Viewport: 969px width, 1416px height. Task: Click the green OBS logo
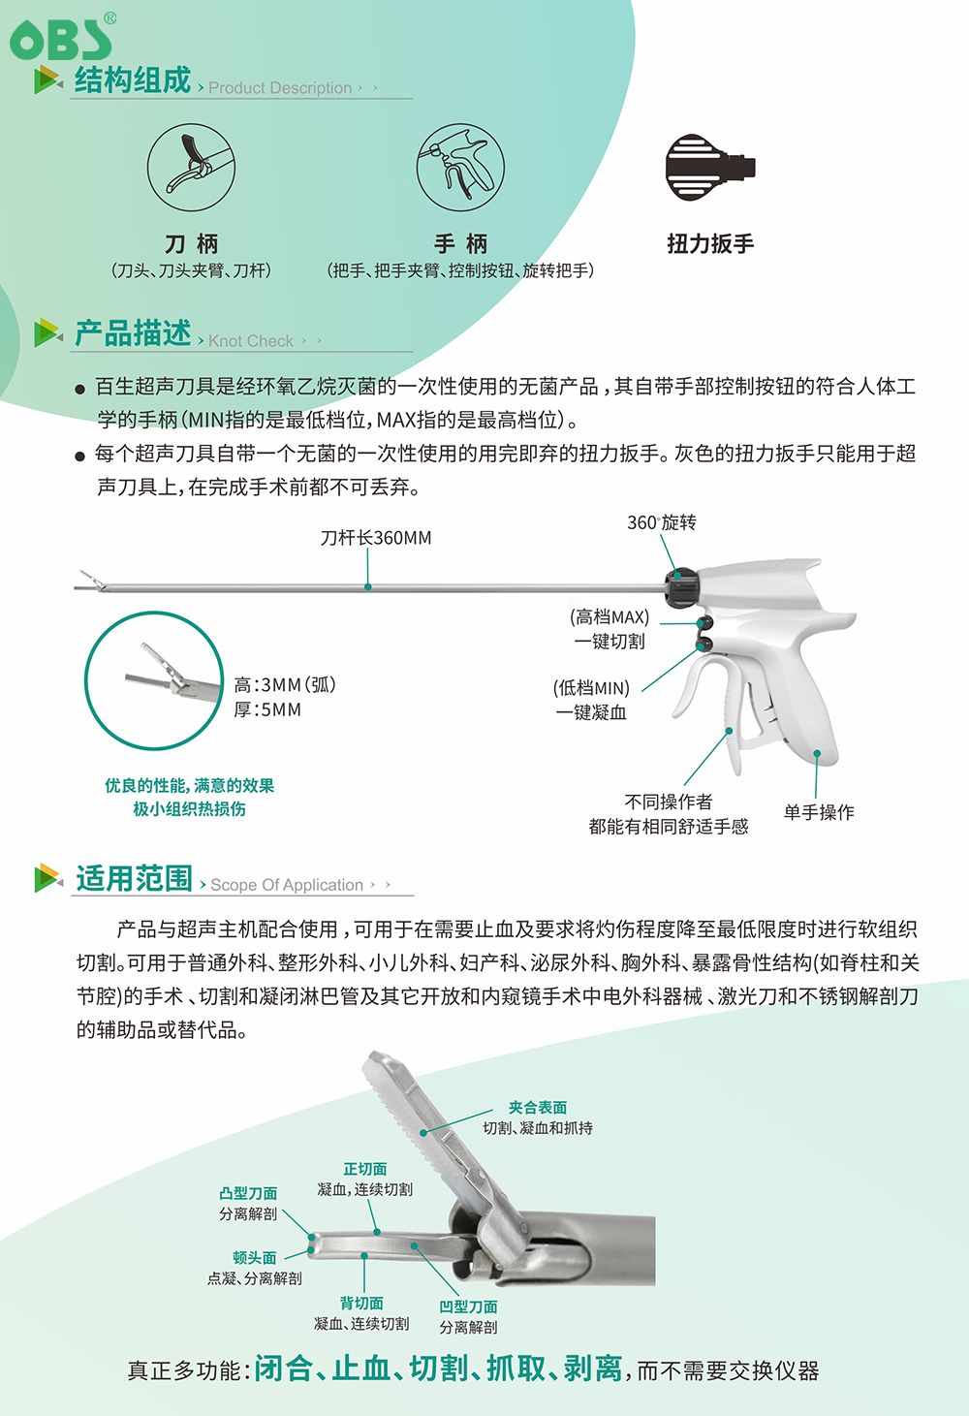click(x=62, y=38)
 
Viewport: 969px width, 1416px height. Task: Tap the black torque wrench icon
click(x=710, y=168)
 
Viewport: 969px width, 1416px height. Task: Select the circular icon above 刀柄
click(x=191, y=168)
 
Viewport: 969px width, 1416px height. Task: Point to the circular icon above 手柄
click(x=460, y=168)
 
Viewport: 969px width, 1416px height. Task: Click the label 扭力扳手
click(x=710, y=243)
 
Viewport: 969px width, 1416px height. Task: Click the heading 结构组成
click(x=133, y=80)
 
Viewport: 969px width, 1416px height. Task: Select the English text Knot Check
click(x=250, y=341)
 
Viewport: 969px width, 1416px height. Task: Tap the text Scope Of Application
click(x=286, y=884)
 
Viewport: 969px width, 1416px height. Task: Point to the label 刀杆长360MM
click(x=375, y=538)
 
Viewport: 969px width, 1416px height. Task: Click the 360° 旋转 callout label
click(x=661, y=522)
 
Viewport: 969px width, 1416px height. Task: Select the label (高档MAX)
click(x=610, y=617)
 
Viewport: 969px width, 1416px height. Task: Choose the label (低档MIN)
click(x=591, y=688)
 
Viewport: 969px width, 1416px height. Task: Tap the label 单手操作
click(x=819, y=812)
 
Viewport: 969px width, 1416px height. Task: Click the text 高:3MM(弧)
click(x=285, y=684)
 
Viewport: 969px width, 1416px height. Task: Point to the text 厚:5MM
click(x=267, y=709)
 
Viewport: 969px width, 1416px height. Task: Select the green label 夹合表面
click(x=537, y=1107)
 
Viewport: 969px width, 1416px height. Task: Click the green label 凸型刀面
click(x=248, y=1193)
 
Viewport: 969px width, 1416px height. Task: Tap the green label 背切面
click(x=361, y=1303)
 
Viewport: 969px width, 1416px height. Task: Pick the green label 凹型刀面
click(x=468, y=1306)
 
